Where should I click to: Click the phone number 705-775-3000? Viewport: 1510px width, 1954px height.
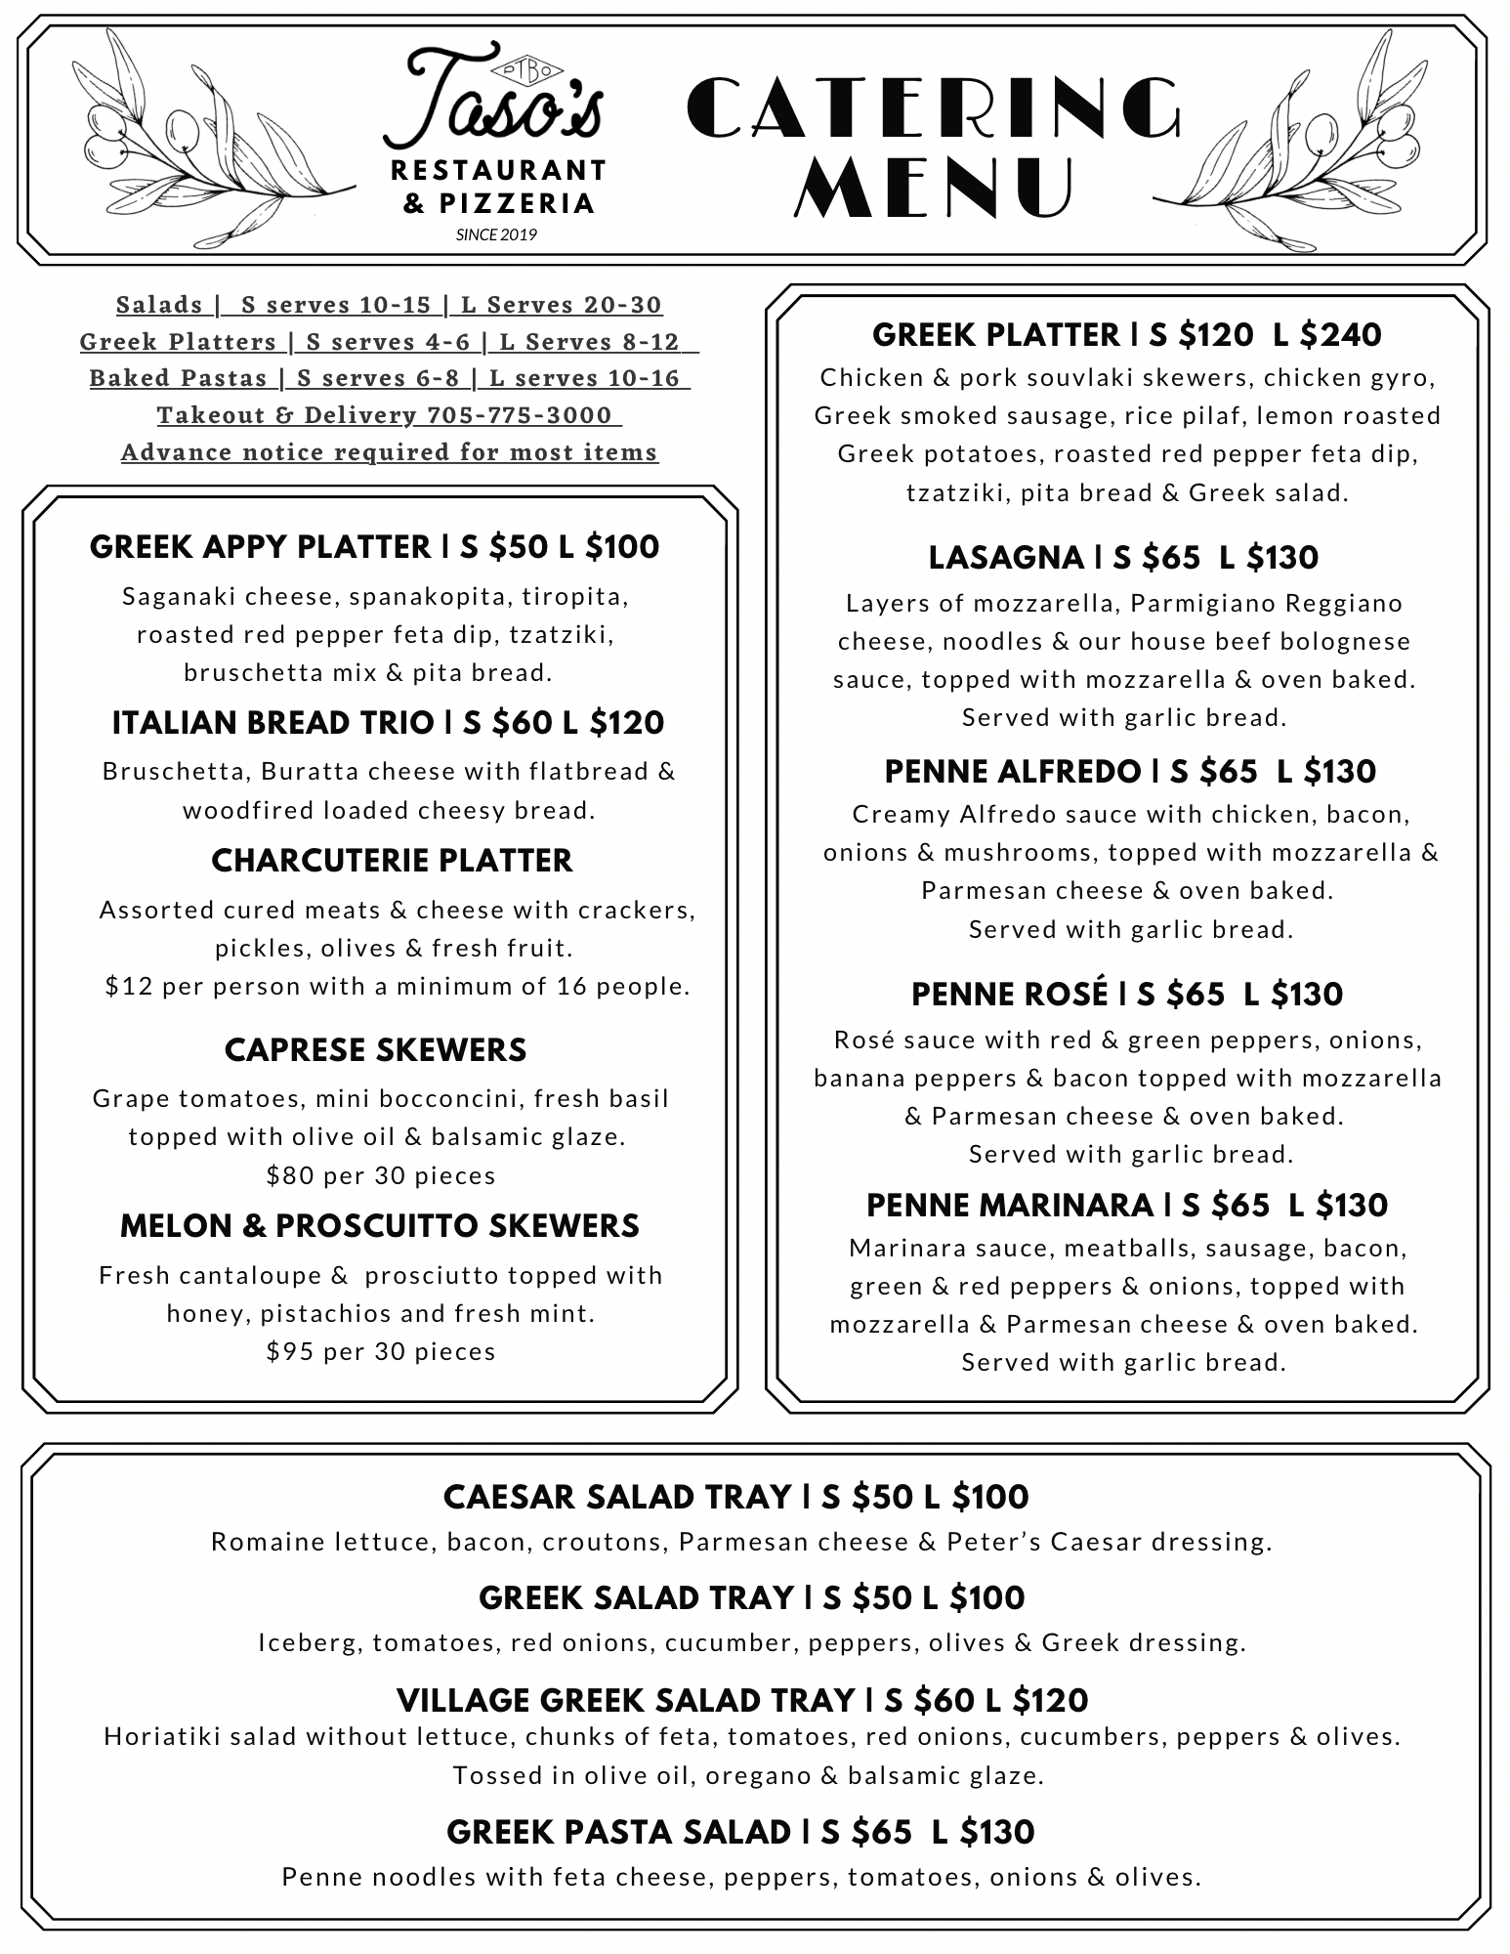click(519, 415)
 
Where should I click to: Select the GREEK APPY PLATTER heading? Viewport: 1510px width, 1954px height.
click(259, 547)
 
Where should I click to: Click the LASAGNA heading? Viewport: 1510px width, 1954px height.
click(1004, 558)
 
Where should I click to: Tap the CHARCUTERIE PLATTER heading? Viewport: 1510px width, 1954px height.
click(392, 861)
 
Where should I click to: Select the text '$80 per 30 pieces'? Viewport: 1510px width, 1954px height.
click(381, 1175)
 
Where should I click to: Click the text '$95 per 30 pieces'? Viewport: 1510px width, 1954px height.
click(381, 1351)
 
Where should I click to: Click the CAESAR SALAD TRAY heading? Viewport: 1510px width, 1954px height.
click(616, 1497)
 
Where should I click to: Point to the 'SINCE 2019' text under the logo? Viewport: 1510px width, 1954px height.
click(496, 234)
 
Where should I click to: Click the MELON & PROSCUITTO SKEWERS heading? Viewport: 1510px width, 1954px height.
click(379, 1226)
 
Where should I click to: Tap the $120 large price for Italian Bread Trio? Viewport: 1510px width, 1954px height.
click(626, 723)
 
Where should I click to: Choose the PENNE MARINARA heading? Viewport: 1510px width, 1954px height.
click(1011, 1206)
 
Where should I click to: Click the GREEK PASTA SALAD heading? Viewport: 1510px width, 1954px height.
click(617, 1832)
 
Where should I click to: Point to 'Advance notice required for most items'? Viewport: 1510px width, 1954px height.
click(390, 452)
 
